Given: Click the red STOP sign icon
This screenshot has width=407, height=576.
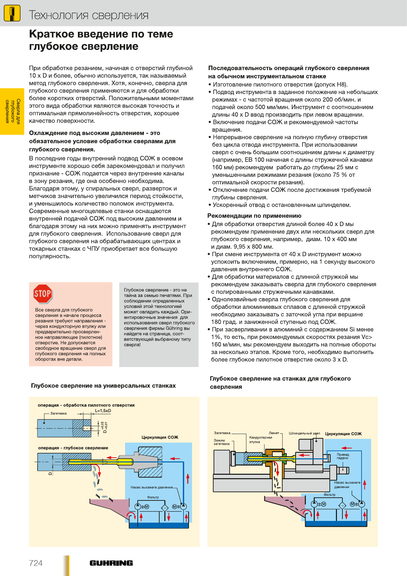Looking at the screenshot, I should click(43, 294).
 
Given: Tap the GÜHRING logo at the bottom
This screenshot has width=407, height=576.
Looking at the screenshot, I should click(111, 563).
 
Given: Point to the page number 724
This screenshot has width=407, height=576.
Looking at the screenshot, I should click(36, 563).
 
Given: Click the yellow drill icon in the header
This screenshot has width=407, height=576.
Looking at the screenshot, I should click(12, 14).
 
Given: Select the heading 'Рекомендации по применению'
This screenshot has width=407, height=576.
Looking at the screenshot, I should click(254, 216).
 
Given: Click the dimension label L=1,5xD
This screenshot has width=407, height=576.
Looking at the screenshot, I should click(103, 411).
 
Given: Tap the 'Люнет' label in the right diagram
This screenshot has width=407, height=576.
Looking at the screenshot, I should click(274, 433).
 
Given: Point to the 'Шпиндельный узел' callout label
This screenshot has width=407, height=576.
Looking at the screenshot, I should click(304, 433).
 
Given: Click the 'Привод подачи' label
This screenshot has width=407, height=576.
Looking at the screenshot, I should click(342, 456).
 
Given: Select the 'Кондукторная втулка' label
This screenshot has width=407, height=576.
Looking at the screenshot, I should click(260, 440).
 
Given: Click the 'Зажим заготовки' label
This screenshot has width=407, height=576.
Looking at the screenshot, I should click(221, 442).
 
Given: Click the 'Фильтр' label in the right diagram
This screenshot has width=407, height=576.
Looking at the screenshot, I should click(329, 495).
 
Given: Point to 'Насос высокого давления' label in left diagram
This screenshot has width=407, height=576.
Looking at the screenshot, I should click(151, 487).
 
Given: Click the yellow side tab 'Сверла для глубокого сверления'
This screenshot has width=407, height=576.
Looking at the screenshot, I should click(12, 111).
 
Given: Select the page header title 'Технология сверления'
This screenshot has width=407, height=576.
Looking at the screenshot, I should click(89, 15).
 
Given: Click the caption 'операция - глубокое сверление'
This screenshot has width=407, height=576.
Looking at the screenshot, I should click(73, 448).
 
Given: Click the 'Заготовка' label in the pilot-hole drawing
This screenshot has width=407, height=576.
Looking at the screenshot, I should click(58, 414).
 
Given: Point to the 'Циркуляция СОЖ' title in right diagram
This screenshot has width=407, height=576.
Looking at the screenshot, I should click(343, 434).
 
